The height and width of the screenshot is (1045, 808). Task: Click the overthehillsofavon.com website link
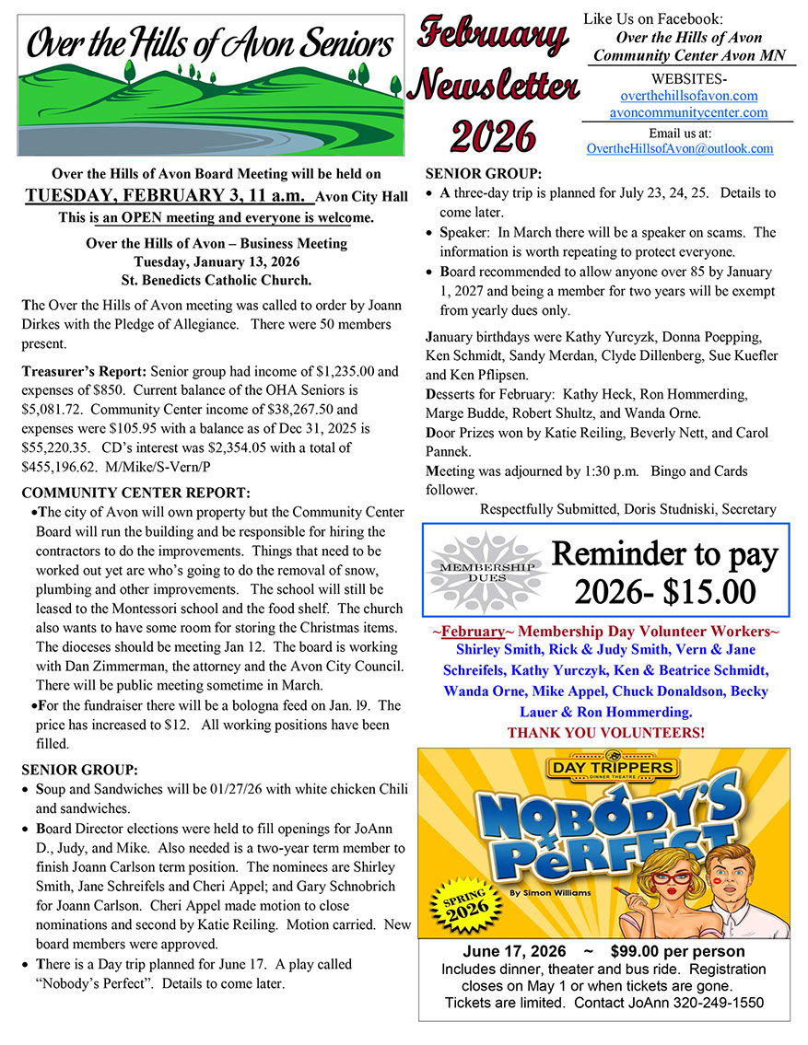point(689,95)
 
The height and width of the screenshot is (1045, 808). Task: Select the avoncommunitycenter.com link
point(688,112)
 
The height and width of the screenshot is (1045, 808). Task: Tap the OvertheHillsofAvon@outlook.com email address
point(680,148)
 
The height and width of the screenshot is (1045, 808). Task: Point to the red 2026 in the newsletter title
point(493,135)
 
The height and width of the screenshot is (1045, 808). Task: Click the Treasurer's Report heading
point(83,372)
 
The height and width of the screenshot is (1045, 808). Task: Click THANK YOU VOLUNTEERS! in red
point(605,732)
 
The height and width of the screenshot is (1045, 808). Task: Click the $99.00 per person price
point(677,951)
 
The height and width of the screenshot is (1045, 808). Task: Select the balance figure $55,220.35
point(58,447)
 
